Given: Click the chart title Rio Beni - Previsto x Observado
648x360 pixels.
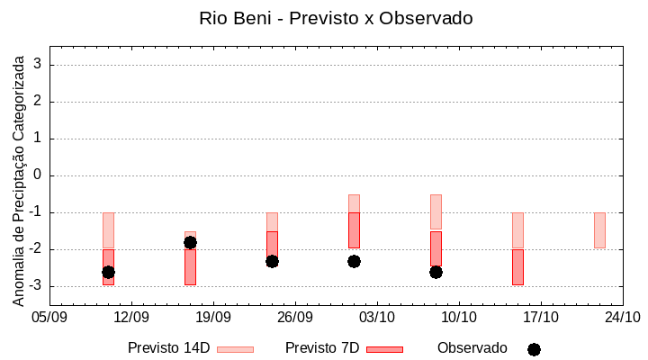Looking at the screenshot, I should pyautogui.click(x=335, y=18).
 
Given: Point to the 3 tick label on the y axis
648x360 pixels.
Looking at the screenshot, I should pyautogui.click(x=39, y=65).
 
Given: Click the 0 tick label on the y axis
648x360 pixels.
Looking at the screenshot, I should pyautogui.click(x=39, y=175).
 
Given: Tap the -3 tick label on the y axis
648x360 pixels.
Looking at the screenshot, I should pyautogui.click(x=36, y=286).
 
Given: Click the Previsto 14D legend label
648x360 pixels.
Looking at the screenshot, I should pyautogui.click(x=168, y=348).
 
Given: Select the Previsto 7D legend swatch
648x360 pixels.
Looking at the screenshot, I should pyautogui.click(x=384, y=348).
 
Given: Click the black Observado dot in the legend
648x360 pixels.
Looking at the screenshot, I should pyautogui.click(x=534, y=349).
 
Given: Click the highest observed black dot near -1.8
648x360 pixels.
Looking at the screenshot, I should pyautogui.click(x=190, y=242).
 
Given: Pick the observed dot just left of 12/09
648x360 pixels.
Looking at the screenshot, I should pyautogui.click(x=108, y=272).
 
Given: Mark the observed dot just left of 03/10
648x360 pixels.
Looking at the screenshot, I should pyautogui.click(x=354, y=261).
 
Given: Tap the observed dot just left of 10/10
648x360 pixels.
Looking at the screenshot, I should pyautogui.click(x=436, y=272).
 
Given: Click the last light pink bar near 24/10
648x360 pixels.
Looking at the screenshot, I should pyautogui.click(x=599, y=229).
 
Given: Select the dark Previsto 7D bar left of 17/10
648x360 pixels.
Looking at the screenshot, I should pyautogui.click(x=517, y=267).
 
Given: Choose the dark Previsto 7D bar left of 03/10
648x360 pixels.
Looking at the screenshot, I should pyautogui.click(x=354, y=229).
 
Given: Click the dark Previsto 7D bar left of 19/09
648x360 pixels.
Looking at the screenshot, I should pyautogui.click(x=190, y=267).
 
